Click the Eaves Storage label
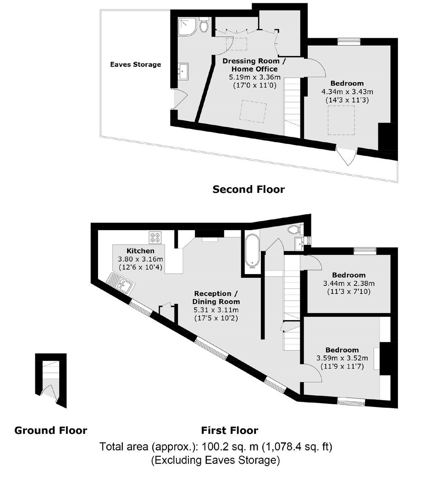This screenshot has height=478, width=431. (x=135, y=64)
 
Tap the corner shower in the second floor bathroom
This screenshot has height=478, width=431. (x=187, y=26)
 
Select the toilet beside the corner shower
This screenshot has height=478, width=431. (x=204, y=24)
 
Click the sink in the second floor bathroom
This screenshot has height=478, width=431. (x=183, y=71)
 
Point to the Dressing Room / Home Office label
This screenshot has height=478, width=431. (x=254, y=65)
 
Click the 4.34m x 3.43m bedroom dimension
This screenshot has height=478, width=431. (x=347, y=92)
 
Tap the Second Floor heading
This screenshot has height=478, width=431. (x=249, y=189)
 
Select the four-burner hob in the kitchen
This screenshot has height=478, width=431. (x=155, y=238)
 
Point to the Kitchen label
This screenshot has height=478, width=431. (x=140, y=251)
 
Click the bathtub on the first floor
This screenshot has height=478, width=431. (x=252, y=252)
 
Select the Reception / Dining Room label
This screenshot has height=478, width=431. (x=216, y=298)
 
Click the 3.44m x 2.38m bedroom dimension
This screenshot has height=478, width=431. (x=349, y=283)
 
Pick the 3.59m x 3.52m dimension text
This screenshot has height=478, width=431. (x=342, y=358)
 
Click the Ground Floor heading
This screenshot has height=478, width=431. (x=51, y=430)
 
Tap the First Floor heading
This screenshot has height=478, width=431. (x=230, y=430)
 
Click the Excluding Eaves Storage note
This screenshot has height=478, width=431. (x=215, y=460)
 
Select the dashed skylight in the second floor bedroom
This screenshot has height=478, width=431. (x=341, y=120)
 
